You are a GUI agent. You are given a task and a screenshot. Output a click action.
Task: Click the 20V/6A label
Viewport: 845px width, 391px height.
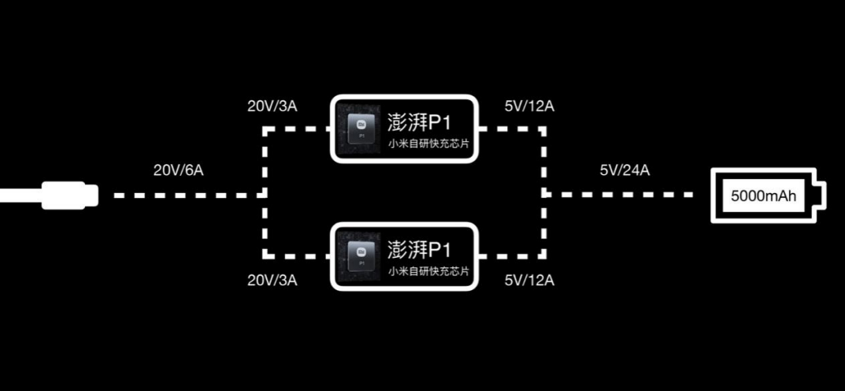(x=179, y=169)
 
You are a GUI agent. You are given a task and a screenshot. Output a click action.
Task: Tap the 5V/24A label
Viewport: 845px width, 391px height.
(x=624, y=169)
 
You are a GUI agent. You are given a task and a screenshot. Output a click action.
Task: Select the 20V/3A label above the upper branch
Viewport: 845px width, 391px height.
(x=272, y=107)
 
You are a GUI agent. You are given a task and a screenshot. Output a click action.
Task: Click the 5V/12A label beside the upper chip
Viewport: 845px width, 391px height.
(x=528, y=107)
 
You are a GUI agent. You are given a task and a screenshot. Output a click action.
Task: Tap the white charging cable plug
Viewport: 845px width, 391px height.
(x=69, y=194)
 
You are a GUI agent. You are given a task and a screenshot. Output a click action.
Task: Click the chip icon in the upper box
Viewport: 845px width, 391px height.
(x=362, y=129)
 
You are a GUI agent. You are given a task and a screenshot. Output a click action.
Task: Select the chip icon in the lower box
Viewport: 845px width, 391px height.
(x=362, y=256)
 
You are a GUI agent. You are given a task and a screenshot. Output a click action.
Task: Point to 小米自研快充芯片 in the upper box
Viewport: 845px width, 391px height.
(x=428, y=144)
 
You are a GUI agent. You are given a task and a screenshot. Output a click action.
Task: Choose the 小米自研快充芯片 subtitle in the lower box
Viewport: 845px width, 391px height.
(x=428, y=271)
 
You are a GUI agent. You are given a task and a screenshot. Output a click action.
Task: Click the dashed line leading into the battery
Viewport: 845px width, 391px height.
(x=622, y=194)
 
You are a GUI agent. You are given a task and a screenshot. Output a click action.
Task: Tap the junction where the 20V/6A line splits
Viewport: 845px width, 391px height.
(x=266, y=194)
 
